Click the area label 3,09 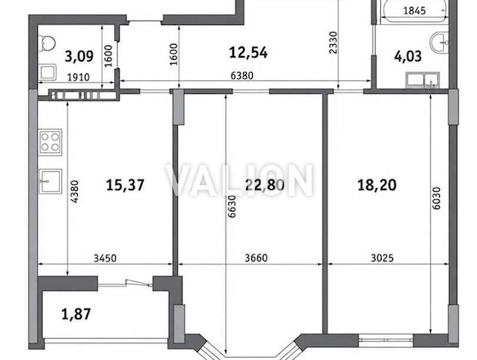(79, 57)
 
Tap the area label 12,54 (248, 53)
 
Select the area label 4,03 (408, 57)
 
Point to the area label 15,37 (125, 185)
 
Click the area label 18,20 (377, 185)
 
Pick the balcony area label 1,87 (76, 315)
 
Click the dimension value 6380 (242, 76)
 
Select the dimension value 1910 (79, 77)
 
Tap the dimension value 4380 (74, 192)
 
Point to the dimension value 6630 (232, 206)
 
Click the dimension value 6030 (437, 199)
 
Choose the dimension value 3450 (105, 258)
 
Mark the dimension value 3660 (256, 258)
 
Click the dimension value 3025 (382, 258)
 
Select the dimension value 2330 (334, 42)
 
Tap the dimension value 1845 (414, 11)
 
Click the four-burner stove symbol (50, 142)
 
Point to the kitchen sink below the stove (51, 182)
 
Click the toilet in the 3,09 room (46, 43)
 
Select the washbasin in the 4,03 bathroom (439, 43)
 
